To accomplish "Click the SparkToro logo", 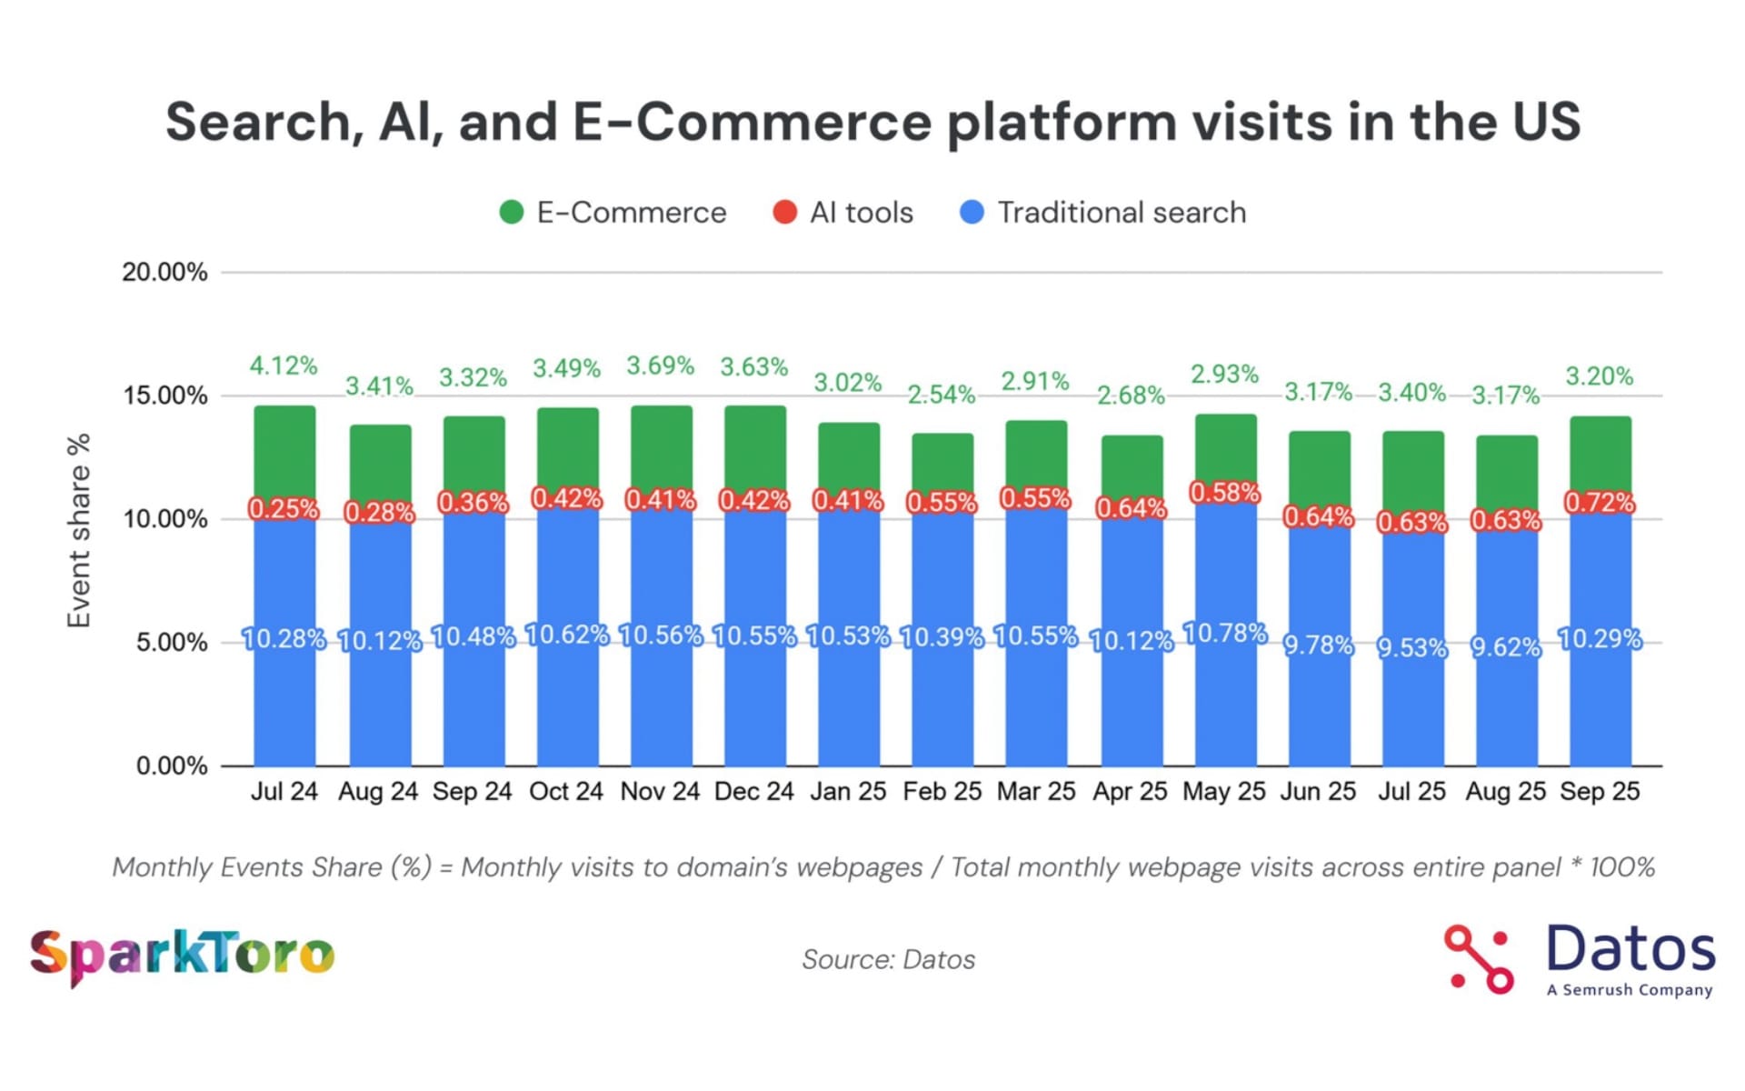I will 182,956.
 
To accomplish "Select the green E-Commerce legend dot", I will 512,213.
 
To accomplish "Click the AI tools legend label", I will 861,213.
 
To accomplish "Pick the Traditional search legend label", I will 1122,213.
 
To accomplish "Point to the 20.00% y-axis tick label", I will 165,272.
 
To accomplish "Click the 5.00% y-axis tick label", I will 172,643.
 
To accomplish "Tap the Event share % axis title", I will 80,530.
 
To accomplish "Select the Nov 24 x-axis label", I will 660,792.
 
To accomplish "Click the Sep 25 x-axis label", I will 1600,792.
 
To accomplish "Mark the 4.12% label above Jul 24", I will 284,366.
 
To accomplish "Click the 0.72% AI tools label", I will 1600,502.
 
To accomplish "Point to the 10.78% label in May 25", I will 1224,633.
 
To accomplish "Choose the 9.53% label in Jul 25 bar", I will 1411,647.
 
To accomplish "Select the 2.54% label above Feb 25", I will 942,395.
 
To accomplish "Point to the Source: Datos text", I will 888,960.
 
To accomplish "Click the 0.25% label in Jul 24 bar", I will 284,509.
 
